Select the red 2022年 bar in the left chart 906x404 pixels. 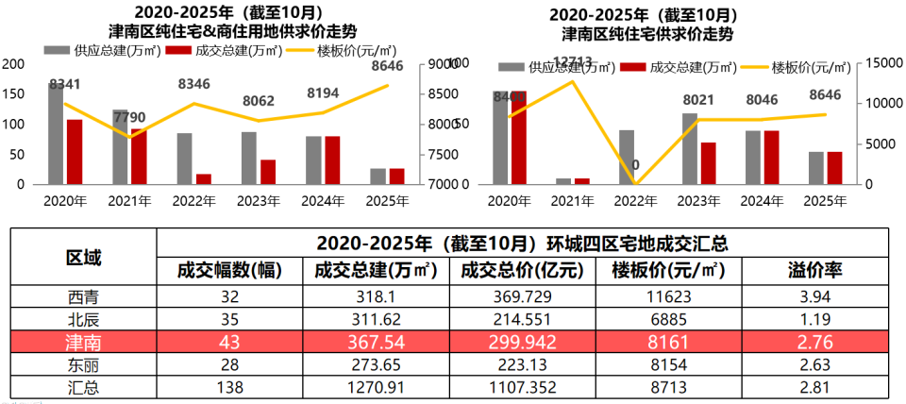pyautogui.click(x=203, y=178)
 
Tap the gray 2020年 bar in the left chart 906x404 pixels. pyautogui.click(x=56, y=134)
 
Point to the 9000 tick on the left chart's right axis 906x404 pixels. pyautogui.click(x=444, y=63)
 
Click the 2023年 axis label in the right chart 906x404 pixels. pyautogui.click(x=697, y=200)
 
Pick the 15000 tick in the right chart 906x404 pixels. pyautogui.click(x=877, y=63)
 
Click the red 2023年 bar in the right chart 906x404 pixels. pyautogui.click(x=708, y=163)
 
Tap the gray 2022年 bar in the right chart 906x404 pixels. pyautogui.click(x=627, y=157)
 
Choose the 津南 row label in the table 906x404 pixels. pyautogui.click(x=83, y=340)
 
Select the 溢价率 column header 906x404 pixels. pyautogui.click(x=814, y=270)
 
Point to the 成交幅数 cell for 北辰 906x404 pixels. pyautogui.click(x=229, y=318)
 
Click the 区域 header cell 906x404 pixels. pyautogui.click(x=83, y=257)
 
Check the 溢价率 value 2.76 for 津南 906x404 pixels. pyautogui.click(x=814, y=340)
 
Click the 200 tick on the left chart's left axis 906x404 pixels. pyautogui.click(x=13, y=63)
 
